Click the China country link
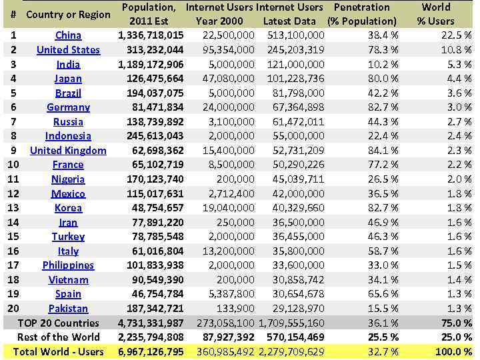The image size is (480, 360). tap(68, 35)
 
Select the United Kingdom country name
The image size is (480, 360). tap(68, 151)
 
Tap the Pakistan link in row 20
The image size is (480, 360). tap(68, 309)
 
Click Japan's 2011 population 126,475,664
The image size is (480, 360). tap(155, 79)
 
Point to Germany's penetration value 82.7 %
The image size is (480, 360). tap(383, 107)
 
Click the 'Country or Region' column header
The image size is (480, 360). tap(68, 15)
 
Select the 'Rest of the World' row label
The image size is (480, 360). tap(59, 337)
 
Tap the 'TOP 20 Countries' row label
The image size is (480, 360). tap(59, 323)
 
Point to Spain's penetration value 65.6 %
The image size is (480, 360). tap(383, 294)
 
